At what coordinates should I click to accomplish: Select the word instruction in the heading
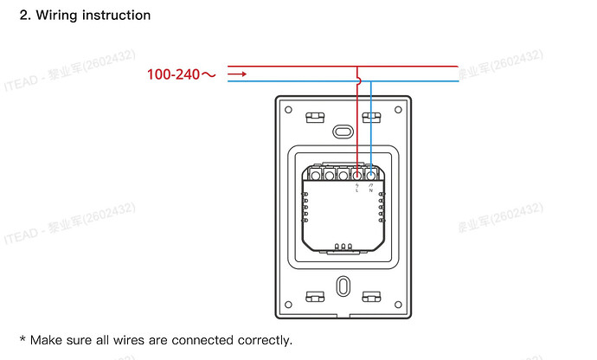coord(117,16)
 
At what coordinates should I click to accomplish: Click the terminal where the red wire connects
coord(356,176)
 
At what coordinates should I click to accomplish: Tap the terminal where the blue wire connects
coord(370,176)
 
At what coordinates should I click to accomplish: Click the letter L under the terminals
coord(356,191)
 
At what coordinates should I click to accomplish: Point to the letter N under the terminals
coord(370,191)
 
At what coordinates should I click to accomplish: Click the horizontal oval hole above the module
coord(343,132)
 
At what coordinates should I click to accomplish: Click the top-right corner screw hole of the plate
coord(398,109)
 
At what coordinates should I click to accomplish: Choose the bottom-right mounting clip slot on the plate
coord(372,297)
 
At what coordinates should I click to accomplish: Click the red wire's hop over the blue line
coord(357,81)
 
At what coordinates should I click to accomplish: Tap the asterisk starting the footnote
coord(22,339)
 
